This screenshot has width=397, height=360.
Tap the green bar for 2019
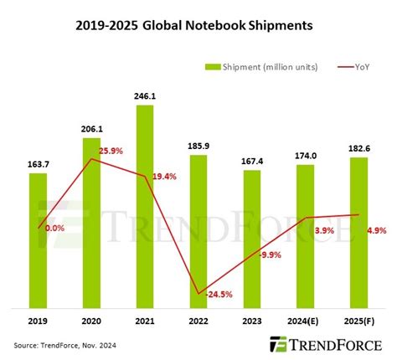(39, 239)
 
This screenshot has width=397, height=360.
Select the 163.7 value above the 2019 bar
(39, 165)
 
